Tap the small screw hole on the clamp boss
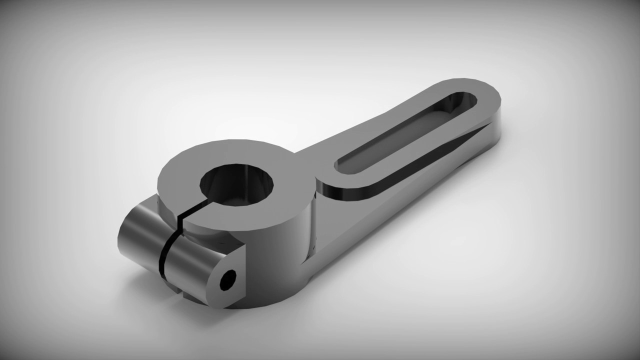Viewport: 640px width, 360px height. click(x=228, y=280)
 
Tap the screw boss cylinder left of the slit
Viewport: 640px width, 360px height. click(x=137, y=240)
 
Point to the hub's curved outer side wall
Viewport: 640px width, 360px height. click(x=280, y=260)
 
